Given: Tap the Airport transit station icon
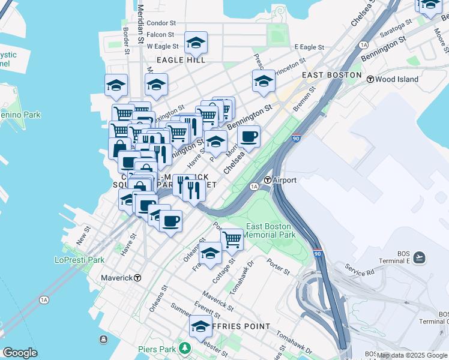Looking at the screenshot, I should [268, 180].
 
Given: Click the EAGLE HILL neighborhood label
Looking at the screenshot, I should [181, 60].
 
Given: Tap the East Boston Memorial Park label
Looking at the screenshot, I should [270, 230].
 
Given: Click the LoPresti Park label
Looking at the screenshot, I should [79, 260].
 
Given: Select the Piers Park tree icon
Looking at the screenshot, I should [186, 349].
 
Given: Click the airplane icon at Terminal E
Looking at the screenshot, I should [419, 257].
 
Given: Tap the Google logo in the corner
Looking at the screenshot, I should [19, 353].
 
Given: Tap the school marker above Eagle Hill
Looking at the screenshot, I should [196, 43].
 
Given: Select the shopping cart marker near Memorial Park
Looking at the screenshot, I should [232, 239].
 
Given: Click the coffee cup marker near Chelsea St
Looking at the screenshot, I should [249, 136].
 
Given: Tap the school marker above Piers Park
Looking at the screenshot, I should [200, 326].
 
